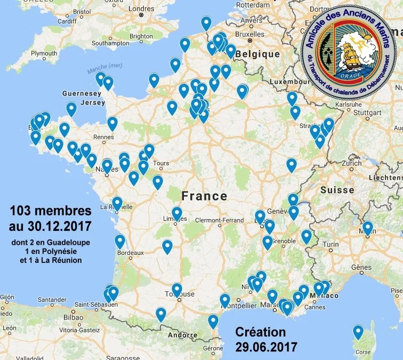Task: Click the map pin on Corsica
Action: tap(358, 332)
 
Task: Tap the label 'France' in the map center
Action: tap(204, 196)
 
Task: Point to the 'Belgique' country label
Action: tap(258, 54)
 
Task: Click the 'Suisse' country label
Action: tap(337, 190)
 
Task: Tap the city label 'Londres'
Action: tap(141, 9)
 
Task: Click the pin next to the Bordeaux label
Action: tap(120, 241)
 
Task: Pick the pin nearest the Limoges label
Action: tap(177, 213)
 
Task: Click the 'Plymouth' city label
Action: tap(43, 54)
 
